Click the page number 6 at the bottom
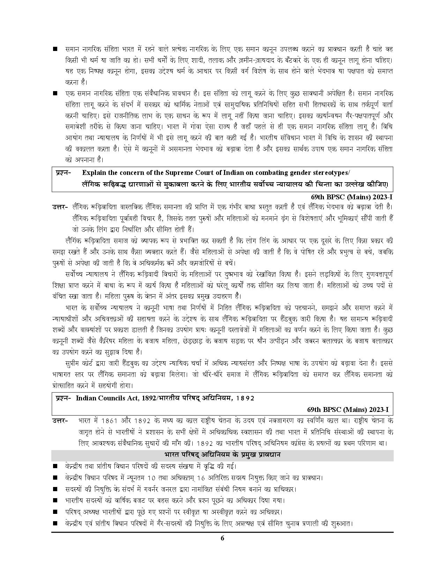tap(222, 538)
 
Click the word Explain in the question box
tap(94, 172)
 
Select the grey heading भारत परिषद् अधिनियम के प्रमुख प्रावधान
tap(222, 455)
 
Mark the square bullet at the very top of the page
tap(55, 49)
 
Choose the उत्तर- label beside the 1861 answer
tap(60, 421)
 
